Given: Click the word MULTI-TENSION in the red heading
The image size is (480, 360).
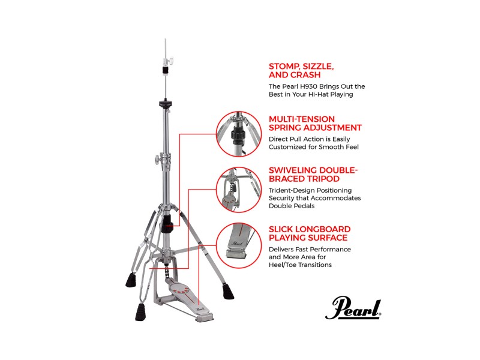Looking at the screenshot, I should [302, 119].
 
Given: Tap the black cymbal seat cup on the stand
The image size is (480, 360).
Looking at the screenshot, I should [166, 103].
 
